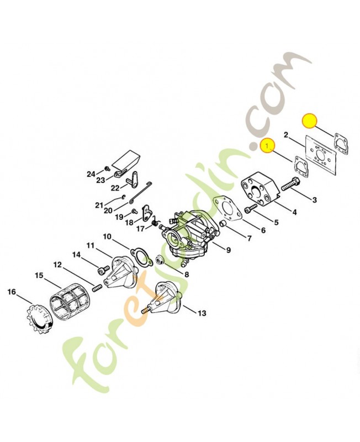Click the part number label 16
[12, 292]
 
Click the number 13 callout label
[202, 313]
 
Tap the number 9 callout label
[228, 250]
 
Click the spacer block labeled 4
[260, 190]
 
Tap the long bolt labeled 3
[290, 183]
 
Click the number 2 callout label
[285, 135]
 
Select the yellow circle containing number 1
[268, 145]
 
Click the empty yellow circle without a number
[309, 122]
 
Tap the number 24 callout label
[91, 174]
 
